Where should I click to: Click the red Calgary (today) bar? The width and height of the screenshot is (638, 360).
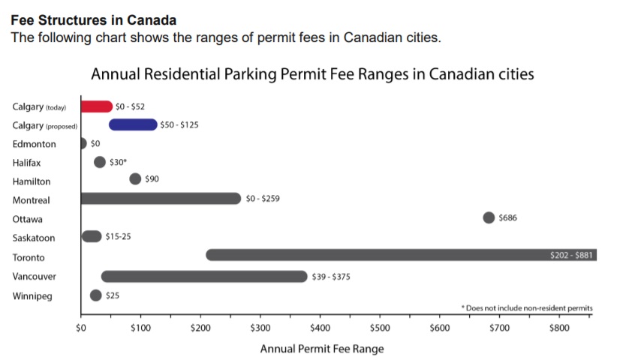96,106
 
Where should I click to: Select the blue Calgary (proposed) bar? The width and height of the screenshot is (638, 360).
133,124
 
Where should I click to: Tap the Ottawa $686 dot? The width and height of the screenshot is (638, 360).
489,217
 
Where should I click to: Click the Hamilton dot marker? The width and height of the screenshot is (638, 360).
135,178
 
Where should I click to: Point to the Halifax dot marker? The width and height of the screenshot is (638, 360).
99,162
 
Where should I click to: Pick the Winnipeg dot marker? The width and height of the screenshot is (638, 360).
95,295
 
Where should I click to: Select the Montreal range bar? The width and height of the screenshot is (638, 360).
161,199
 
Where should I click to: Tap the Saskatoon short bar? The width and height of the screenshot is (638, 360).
92,237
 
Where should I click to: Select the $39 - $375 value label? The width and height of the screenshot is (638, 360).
331,277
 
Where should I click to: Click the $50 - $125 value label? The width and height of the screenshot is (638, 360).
179,124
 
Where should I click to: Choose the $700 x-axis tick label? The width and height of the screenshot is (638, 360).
499,328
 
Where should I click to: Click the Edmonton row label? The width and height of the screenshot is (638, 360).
34,143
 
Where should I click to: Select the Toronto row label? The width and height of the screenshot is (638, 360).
29,257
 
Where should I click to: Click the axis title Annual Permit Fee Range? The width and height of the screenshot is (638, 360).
321,349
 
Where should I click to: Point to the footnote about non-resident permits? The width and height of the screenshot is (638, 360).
527,307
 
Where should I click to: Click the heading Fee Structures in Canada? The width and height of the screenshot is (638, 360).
93,20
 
